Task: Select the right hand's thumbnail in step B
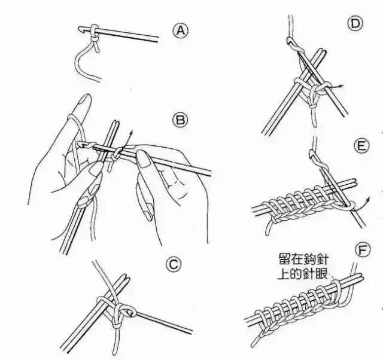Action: tap(144, 158)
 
